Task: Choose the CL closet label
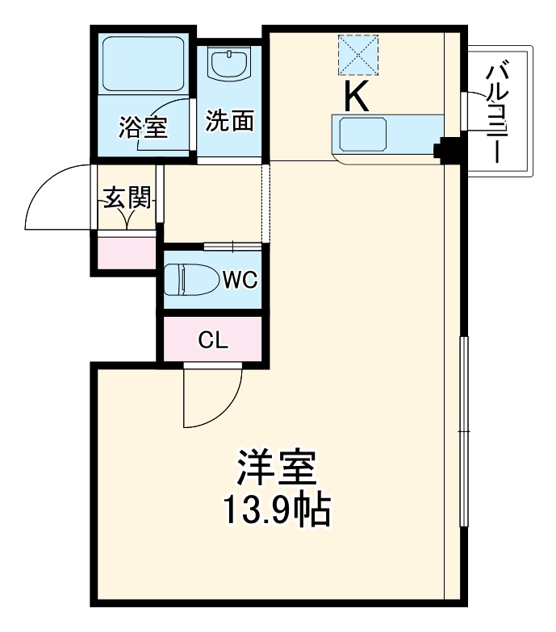coord(213,339)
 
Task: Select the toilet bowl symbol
coord(191,281)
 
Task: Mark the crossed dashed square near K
coord(358,55)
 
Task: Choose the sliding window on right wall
coord(464,430)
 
